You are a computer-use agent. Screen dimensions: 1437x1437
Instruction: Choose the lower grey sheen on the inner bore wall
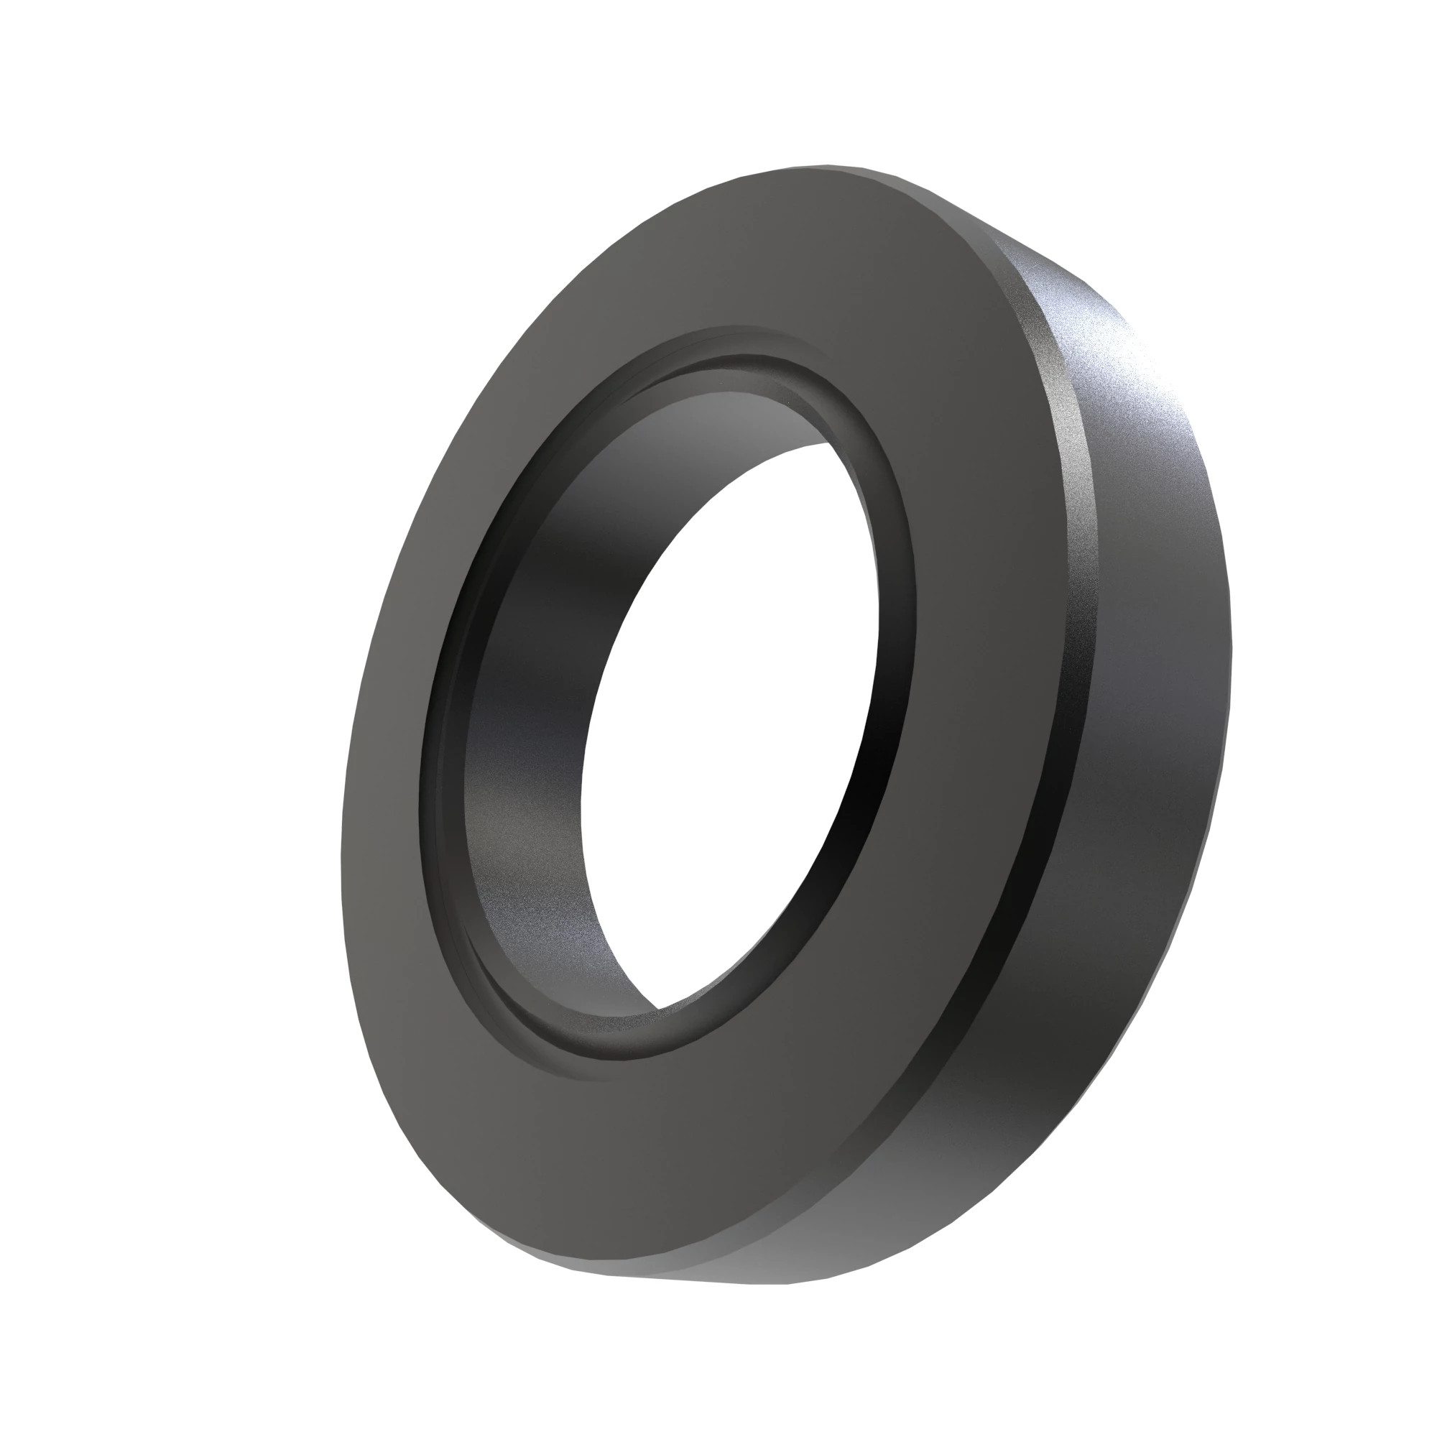coord(535,892)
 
